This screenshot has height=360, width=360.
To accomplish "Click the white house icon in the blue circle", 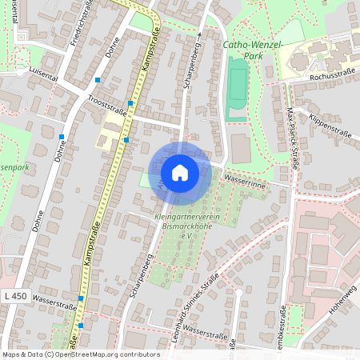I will [180, 172].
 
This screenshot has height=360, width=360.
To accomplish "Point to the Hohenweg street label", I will [340, 302].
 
